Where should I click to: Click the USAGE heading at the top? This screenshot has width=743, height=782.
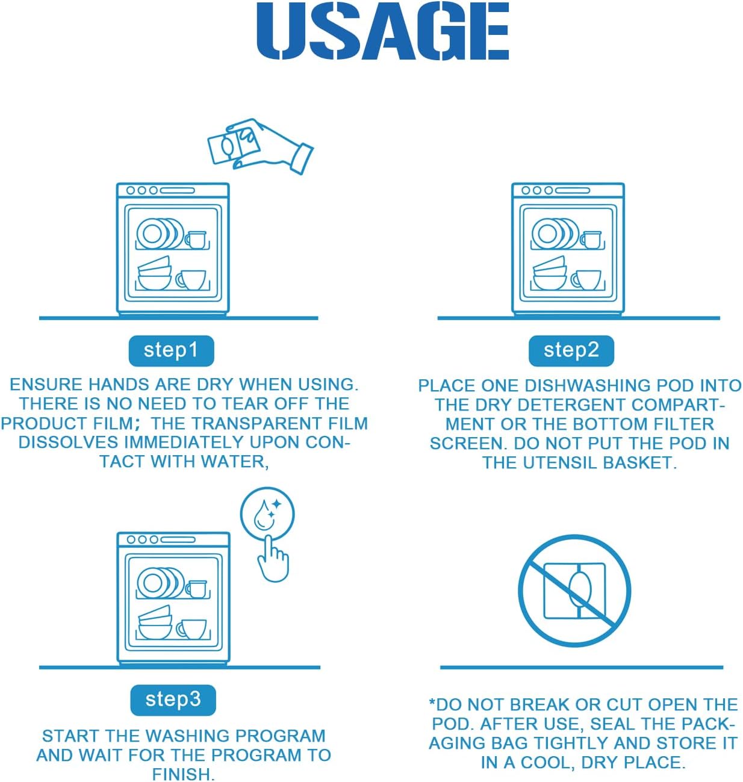pos(382,31)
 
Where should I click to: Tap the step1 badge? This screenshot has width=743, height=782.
pos(171,350)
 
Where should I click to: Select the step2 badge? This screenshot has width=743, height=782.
pos(571,350)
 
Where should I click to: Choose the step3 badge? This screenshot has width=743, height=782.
pos(173,700)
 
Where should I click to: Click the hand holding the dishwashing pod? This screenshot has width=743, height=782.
pos(275,145)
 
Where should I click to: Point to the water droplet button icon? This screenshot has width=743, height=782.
pos(267,514)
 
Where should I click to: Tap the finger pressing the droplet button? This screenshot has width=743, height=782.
pos(273,558)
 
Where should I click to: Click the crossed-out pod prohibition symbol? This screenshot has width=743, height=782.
pos(574,591)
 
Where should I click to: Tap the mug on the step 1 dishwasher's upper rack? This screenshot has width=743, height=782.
pos(196,240)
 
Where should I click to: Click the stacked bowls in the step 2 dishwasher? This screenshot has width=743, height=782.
pos(550,273)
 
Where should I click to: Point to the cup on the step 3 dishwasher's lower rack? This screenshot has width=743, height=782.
pos(192,630)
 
